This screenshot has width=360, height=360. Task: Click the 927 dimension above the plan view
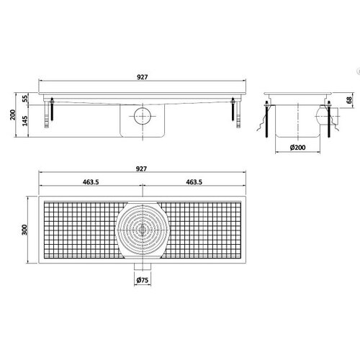click(x=141, y=168)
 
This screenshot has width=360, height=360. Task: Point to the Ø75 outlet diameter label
click(x=142, y=280)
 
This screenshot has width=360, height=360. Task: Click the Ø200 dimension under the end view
click(x=297, y=148)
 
